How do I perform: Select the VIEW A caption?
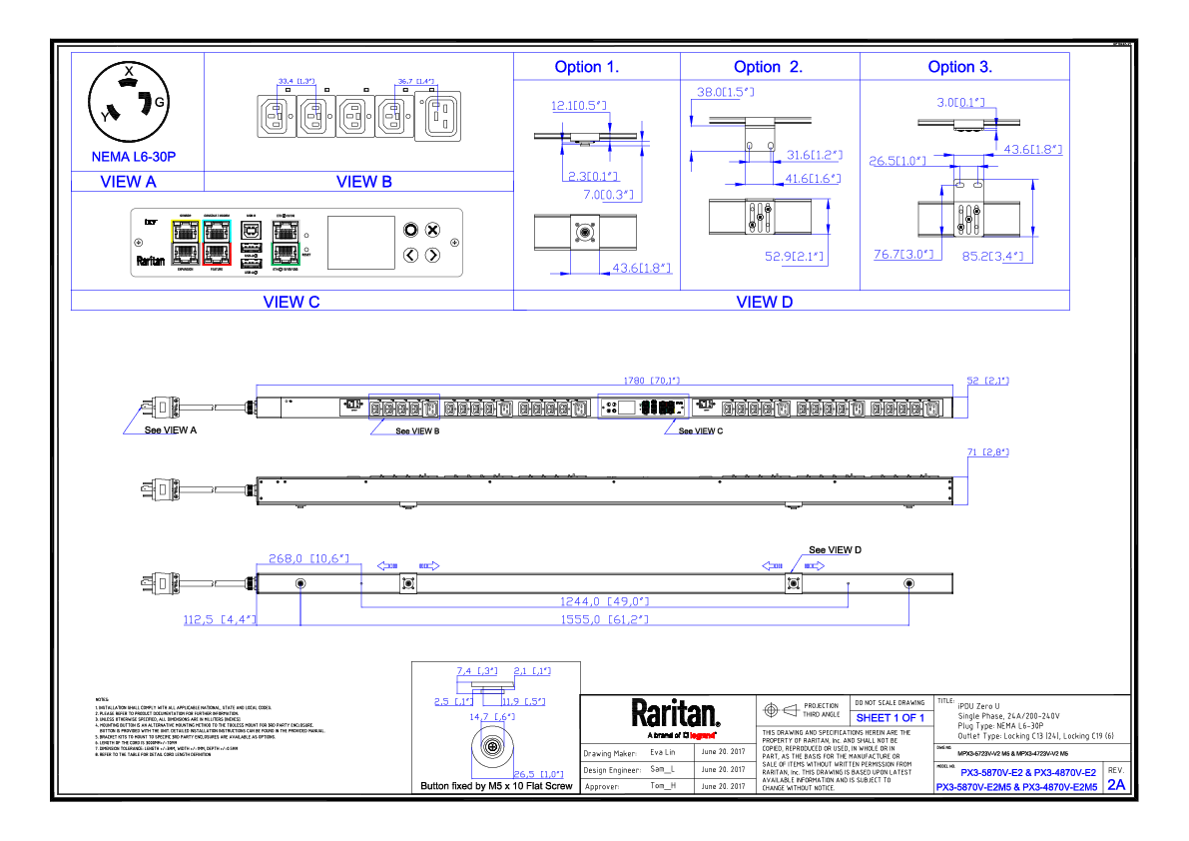tap(129, 182)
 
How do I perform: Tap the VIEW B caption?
tap(357, 182)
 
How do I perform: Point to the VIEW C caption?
tap(291, 302)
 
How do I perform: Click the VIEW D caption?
tap(764, 302)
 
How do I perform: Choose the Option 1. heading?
tap(587, 67)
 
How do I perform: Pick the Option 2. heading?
tap(768, 67)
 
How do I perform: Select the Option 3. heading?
tap(959, 67)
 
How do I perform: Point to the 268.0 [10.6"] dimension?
tap(308, 558)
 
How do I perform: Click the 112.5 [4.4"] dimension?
tap(220, 619)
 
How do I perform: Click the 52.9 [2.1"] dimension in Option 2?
tap(794, 257)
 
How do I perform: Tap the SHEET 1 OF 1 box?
tap(891, 718)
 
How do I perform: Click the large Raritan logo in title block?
tap(675, 713)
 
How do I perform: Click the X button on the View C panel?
tap(432, 230)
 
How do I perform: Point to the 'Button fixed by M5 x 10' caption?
tap(497, 786)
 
